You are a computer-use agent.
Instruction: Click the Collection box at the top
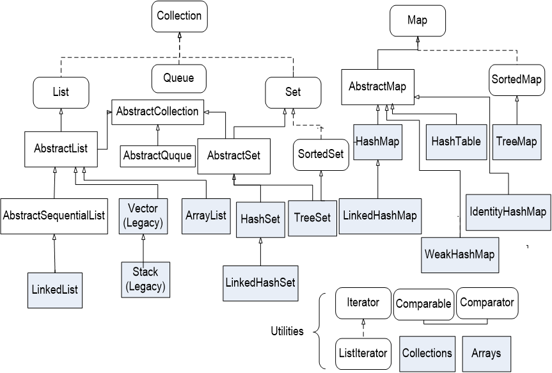[179, 17]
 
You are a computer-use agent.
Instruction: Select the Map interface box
[417, 20]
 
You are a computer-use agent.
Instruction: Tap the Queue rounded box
[179, 79]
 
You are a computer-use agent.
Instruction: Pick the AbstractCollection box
[157, 112]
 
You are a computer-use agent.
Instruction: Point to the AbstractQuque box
[157, 155]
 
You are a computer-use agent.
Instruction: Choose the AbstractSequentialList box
[54, 216]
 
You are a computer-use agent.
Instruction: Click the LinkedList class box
[54, 289]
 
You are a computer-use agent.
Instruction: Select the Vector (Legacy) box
[143, 216]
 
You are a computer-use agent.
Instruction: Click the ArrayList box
[205, 216]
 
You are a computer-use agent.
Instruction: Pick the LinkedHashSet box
[260, 282]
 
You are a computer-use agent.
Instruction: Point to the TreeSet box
[312, 218]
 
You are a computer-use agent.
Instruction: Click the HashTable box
[456, 141]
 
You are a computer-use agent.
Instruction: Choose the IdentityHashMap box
[508, 211]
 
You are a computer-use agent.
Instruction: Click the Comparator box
[487, 303]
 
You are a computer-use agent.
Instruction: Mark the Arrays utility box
[487, 353]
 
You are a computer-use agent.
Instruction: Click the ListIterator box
[362, 353]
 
